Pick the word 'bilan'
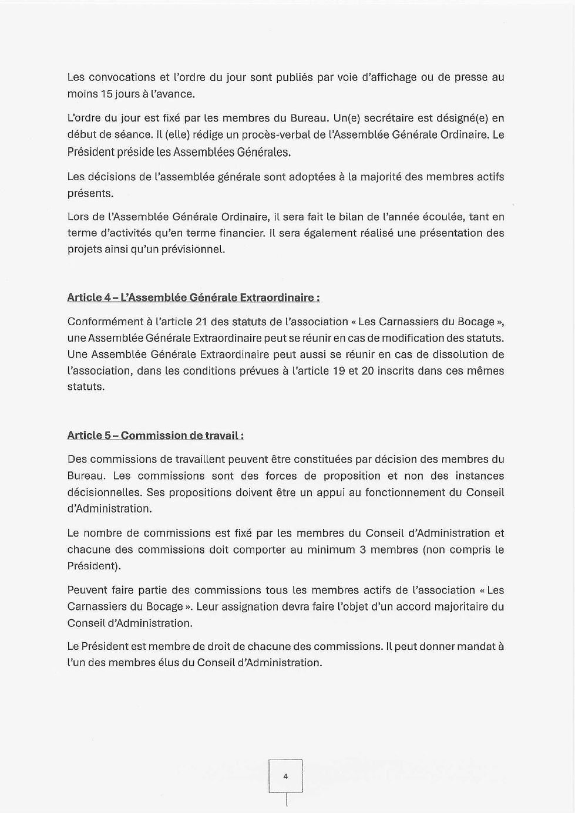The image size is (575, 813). tap(351, 217)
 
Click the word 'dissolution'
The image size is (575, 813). tap(457, 355)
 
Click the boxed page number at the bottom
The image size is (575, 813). tap(285, 776)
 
